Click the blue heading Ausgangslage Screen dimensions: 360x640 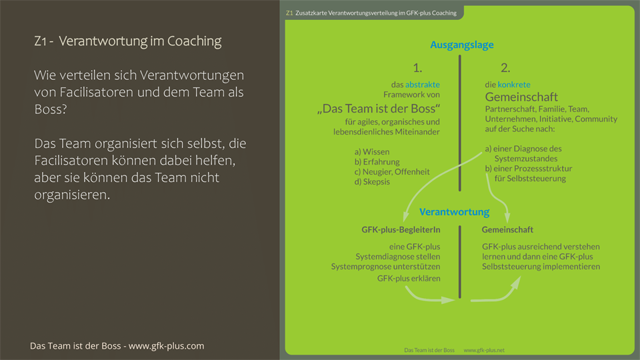pyautogui.click(x=462, y=45)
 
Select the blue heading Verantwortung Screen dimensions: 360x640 pyautogui.click(x=454, y=212)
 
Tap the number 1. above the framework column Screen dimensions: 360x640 pyautogui.click(x=417, y=67)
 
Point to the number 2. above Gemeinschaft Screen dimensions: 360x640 pyautogui.click(x=505, y=67)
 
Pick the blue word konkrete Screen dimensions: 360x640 pyautogui.click(x=514, y=85)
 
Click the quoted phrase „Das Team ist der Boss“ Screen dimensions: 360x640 pyautogui.click(x=379, y=109)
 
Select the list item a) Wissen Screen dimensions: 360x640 pyautogui.click(x=372, y=151)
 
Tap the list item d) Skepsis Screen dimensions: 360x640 pyautogui.click(x=372, y=182)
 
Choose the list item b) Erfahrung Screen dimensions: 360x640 pyautogui.click(x=377, y=161)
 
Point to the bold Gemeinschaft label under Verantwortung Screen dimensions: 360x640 pyautogui.click(x=507, y=230)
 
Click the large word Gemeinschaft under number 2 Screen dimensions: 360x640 pyautogui.click(x=521, y=97)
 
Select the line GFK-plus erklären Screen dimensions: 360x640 pyautogui.click(x=408, y=278)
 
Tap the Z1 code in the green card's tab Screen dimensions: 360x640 pyautogui.click(x=289, y=13)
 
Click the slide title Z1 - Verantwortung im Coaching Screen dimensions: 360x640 pyautogui.click(x=127, y=41)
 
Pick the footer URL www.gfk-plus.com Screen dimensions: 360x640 pyautogui.click(x=166, y=346)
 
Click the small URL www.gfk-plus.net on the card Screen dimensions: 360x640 pyautogui.click(x=484, y=350)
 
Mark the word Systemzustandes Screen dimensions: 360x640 pyautogui.click(x=527, y=159)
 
